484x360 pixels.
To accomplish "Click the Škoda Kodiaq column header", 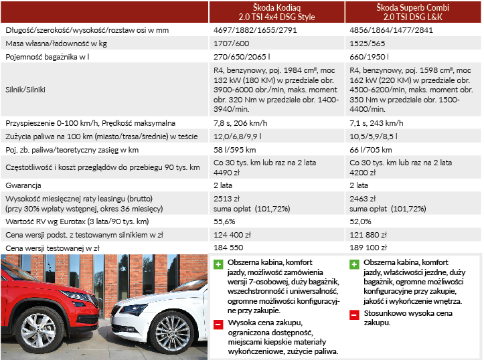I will pos(276,11).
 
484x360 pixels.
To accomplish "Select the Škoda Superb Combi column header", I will pos(414,11).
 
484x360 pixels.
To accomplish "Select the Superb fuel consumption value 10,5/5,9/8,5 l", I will pos(378,137).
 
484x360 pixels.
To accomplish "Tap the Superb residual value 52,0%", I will pos(361,221).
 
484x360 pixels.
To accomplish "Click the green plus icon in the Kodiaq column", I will pos(218,264).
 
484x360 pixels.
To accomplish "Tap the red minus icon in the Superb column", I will pos(354,314).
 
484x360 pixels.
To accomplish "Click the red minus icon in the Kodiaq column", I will pos(218,325).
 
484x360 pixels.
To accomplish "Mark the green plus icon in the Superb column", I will pos(354,264).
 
